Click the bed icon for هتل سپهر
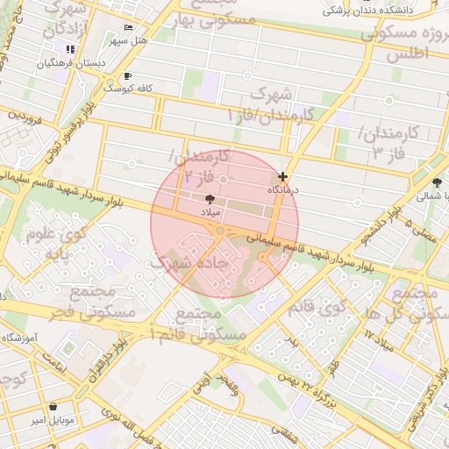(x=129, y=28)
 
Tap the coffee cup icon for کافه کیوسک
(x=129, y=75)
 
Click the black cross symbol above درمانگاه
(x=282, y=176)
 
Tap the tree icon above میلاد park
(x=208, y=200)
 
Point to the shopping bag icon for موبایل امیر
(x=54, y=407)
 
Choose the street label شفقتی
(x=285, y=430)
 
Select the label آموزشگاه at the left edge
(x=18, y=339)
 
